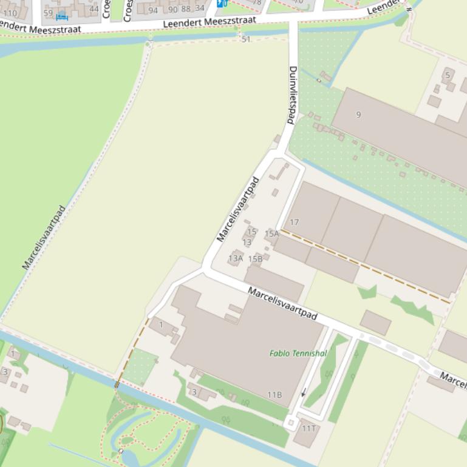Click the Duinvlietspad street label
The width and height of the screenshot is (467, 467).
point(293,95)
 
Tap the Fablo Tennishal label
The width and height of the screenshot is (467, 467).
point(298,353)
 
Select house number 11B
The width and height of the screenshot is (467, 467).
point(274,395)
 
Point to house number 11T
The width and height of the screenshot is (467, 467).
point(309,429)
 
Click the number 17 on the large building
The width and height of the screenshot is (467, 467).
point(294,223)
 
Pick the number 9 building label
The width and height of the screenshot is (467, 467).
point(358,115)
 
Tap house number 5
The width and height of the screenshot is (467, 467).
point(448,75)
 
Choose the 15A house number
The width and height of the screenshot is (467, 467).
point(271,233)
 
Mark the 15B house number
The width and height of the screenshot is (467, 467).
point(255,259)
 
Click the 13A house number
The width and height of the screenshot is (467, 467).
point(236,258)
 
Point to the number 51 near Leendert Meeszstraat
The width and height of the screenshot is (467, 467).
point(245,39)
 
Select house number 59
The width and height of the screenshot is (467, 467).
point(48,12)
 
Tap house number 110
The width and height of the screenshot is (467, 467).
point(10,12)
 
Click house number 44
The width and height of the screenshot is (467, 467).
point(94,8)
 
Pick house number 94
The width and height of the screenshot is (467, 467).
point(153,10)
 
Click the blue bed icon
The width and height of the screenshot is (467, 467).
point(62,16)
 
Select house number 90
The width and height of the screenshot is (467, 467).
point(173,9)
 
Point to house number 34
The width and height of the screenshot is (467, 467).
point(199,8)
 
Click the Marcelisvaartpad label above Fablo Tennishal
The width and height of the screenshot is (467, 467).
point(282,303)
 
